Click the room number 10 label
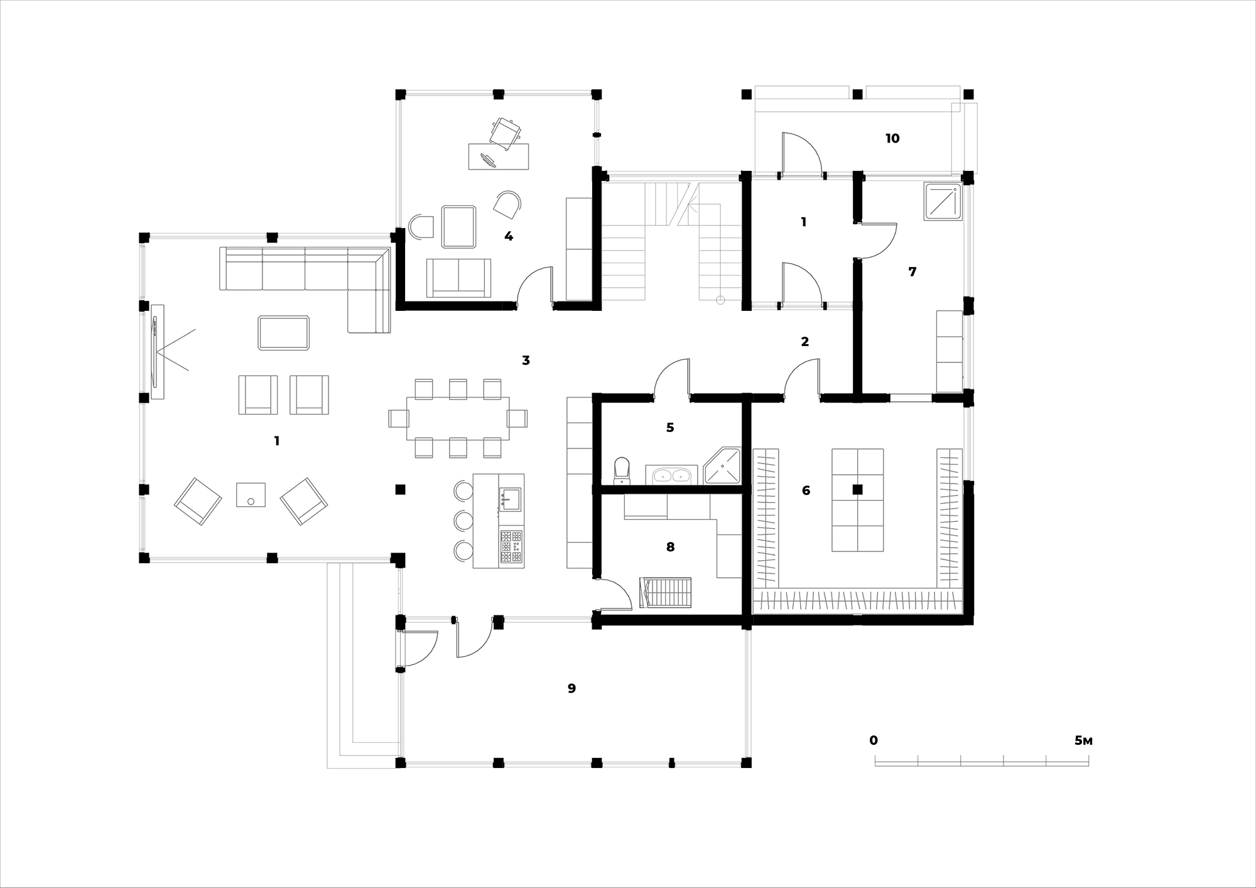tap(892, 138)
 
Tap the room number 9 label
tap(571, 688)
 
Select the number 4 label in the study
tap(509, 236)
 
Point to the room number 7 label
tap(912, 272)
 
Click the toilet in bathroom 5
tap(621, 471)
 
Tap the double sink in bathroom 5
tap(671, 475)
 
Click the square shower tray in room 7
tap(943, 201)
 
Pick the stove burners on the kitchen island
tap(511, 547)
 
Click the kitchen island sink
tap(511, 499)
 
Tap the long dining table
tap(458, 418)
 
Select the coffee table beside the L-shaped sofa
tap(284, 333)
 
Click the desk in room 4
tap(499, 156)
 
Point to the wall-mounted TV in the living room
tap(154, 352)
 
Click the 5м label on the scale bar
tap(1083, 741)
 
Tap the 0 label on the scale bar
tap(874, 741)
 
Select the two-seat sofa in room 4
tap(458, 278)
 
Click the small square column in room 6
tap(857, 490)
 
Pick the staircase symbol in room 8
tap(665, 593)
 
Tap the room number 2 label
tap(804, 342)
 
